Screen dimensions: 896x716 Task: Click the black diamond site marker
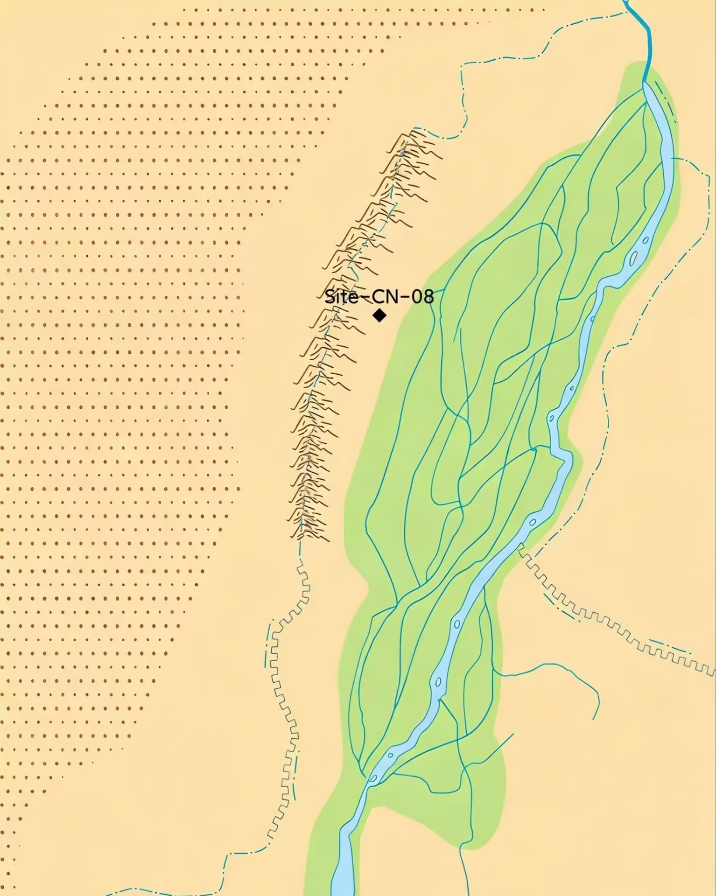pyautogui.click(x=379, y=315)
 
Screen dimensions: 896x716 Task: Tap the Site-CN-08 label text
pyautogui.click(x=379, y=297)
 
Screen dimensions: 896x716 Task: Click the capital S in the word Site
pyautogui.click(x=330, y=297)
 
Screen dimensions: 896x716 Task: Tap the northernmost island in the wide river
pyautogui.click(x=646, y=241)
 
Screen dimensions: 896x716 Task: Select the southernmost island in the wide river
pyautogui.click(x=373, y=778)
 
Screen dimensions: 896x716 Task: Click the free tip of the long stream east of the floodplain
pyautogui.click(x=594, y=719)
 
